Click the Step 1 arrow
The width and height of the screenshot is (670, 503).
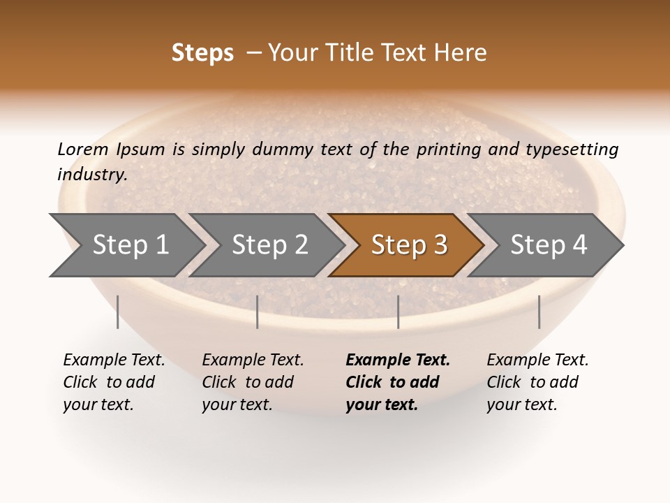point(129,245)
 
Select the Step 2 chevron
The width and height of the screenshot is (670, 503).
point(269,245)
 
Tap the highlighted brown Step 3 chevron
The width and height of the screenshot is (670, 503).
point(408,245)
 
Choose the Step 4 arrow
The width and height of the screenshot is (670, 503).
point(549,245)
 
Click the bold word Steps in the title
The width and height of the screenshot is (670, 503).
point(202,53)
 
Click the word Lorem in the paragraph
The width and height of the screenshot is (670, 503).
point(82,149)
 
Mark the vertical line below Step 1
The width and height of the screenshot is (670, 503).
point(118,312)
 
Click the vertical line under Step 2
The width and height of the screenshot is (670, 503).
point(258,312)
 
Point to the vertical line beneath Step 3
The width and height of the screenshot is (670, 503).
point(398,312)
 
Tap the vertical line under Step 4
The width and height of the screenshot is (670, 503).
point(539,312)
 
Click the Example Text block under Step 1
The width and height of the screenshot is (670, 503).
point(114,382)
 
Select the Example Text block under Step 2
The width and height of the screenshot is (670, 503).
point(253,382)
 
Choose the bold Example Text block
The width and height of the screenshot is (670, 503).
point(398,382)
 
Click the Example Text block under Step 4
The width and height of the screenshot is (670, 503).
point(537,382)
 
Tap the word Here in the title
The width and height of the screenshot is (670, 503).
point(460,53)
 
